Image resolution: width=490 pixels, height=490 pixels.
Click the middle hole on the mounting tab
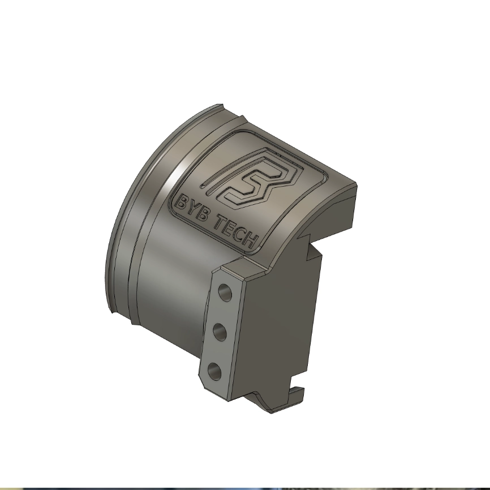click(220, 332)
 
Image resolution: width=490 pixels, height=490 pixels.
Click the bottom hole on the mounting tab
click(214, 371)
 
